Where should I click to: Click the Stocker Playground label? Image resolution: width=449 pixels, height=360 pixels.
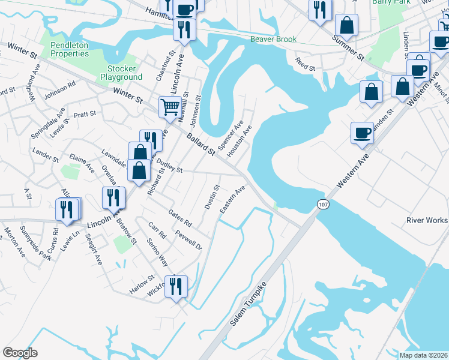pos(121,73)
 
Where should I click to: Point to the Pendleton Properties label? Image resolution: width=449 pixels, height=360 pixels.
pos(70,49)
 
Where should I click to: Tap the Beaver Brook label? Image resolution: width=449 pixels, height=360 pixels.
pos(273,40)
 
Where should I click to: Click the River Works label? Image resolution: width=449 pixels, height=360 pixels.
pos(427,220)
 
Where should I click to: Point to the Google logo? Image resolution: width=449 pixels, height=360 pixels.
pos(20,353)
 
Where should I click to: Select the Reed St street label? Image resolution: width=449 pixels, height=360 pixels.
pos(304,64)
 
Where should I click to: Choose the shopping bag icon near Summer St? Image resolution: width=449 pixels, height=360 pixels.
pos(346,25)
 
